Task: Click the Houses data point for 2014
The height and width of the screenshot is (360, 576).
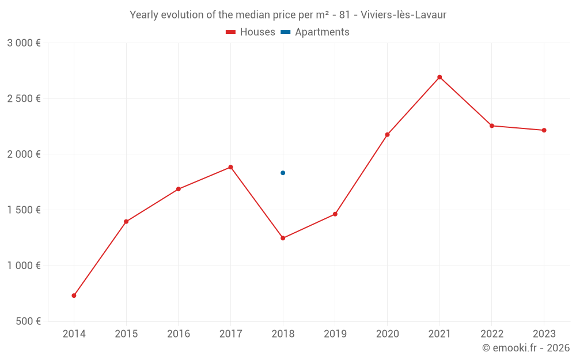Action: [74, 295]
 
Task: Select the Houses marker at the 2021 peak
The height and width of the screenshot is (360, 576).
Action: [439, 77]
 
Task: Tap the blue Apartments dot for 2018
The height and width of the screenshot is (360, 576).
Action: [283, 173]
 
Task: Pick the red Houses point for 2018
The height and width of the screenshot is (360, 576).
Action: [283, 238]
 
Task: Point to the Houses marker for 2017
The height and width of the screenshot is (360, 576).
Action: [230, 167]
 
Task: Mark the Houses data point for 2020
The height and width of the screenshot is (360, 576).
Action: [387, 135]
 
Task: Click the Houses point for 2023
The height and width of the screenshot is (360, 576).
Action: [544, 130]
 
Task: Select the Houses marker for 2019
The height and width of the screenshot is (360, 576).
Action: [335, 214]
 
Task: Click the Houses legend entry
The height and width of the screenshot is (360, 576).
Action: [251, 32]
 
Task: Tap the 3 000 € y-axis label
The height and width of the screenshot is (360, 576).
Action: [24, 43]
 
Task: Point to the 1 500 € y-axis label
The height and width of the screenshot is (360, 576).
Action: [24, 210]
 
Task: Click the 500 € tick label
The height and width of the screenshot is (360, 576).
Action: [28, 321]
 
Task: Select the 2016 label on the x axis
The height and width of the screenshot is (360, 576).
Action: [179, 334]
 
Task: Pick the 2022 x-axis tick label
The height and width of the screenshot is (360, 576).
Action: [492, 334]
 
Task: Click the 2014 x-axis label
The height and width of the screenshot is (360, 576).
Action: [74, 334]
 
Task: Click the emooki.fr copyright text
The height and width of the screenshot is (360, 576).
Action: [526, 348]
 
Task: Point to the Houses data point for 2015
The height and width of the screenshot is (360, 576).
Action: [126, 222]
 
